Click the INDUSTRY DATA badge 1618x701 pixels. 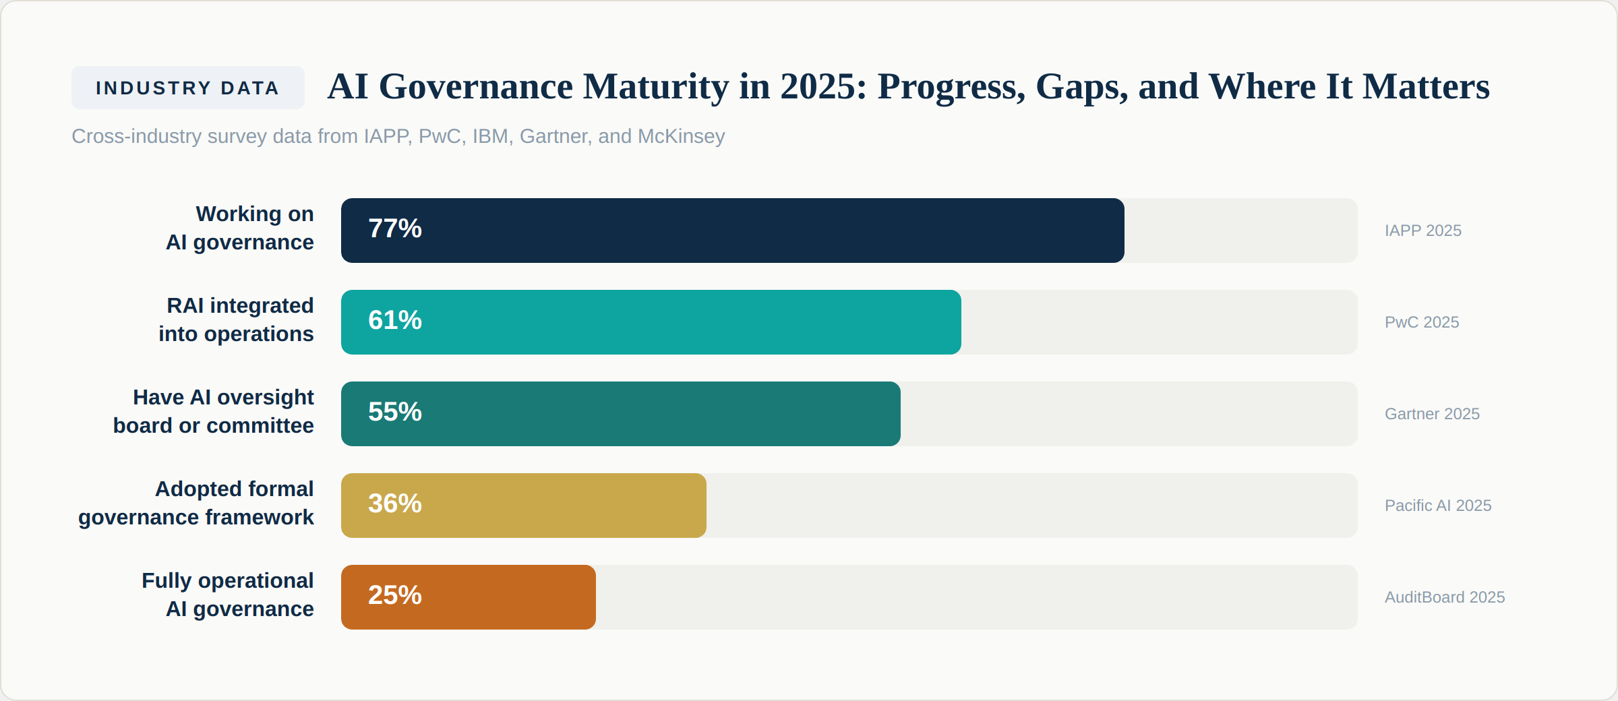click(187, 88)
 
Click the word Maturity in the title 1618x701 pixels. click(655, 87)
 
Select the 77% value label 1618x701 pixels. click(394, 229)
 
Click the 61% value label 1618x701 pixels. click(394, 321)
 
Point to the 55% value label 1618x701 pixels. click(394, 413)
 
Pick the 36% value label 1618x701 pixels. click(394, 504)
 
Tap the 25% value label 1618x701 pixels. click(394, 596)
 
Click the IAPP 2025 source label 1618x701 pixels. click(1422, 231)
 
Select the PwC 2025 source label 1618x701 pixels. click(1421, 323)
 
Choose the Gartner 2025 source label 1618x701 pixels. click(1431, 415)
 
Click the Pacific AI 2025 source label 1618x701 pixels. click(1437, 506)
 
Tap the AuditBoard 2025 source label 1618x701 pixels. click(1444, 598)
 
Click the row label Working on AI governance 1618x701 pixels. click(240, 228)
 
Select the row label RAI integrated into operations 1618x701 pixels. click(236, 320)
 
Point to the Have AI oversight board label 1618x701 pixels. click(214, 412)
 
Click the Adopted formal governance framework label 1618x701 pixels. click(196, 504)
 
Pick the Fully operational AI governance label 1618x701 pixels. click(228, 595)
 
